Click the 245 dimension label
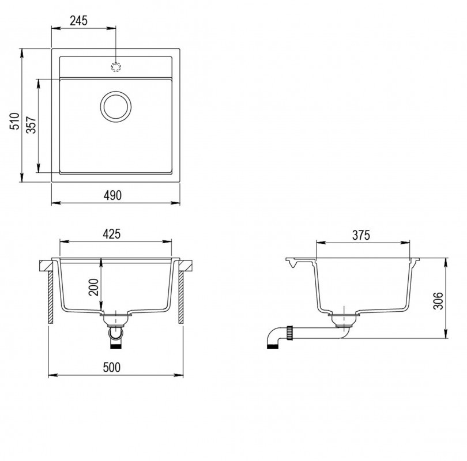78,21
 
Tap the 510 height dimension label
14,121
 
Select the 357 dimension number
31,125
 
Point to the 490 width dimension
112,195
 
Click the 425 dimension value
111,234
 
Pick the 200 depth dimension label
93,287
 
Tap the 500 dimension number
112,368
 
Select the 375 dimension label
361,236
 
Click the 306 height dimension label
438,301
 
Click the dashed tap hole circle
115,67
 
